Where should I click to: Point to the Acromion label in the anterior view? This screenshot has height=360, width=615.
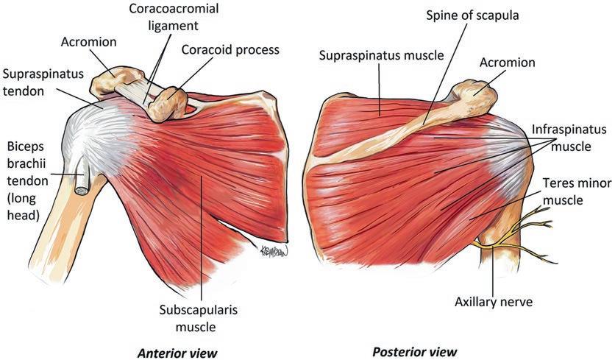[88, 42]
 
